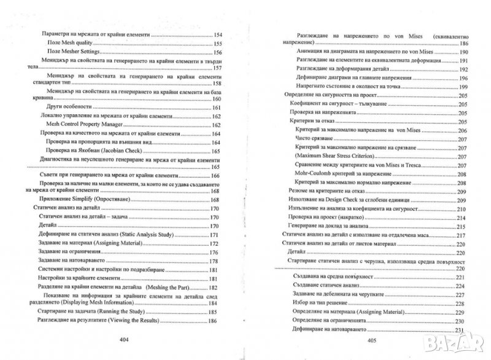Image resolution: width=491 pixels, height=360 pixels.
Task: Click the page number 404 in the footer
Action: (127, 339)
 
